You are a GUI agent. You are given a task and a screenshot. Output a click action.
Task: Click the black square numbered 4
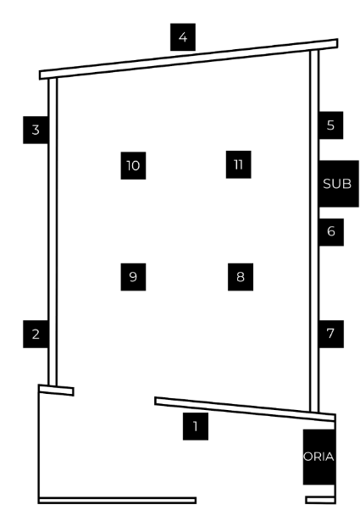(x=183, y=37)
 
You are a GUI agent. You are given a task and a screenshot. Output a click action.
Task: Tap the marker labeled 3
(x=36, y=130)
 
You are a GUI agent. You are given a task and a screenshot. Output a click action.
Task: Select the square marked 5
(x=331, y=125)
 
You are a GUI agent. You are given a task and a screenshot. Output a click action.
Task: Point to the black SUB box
(x=339, y=184)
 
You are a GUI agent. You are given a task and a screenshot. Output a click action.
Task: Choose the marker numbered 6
(x=331, y=232)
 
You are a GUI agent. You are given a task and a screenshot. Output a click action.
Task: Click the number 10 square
(x=133, y=165)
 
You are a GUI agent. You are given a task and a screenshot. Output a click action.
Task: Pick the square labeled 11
(x=239, y=164)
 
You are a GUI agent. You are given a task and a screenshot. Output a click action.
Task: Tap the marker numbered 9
(x=133, y=277)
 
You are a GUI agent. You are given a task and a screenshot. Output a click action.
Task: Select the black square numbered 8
(x=241, y=277)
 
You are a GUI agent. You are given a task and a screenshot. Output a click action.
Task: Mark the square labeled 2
(x=36, y=334)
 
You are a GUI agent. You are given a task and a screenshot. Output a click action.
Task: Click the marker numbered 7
(x=331, y=334)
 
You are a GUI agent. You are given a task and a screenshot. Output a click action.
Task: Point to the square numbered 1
(x=196, y=426)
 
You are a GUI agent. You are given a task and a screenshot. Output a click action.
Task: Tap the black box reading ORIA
(x=319, y=457)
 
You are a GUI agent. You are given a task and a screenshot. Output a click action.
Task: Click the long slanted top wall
(x=188, y=59)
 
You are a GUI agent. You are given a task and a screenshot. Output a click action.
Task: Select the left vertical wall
(x=53, y=232)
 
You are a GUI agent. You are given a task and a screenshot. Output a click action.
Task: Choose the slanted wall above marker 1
(x=245, y=409)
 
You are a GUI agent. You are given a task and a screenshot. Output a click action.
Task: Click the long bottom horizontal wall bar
(x=118, y=501)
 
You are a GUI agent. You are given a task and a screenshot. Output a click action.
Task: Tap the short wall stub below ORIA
(x=320, y=500)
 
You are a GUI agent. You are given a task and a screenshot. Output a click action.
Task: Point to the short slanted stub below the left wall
(x=56, y=391)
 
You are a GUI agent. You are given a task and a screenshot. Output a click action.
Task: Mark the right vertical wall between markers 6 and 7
(x=314, y=283)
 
